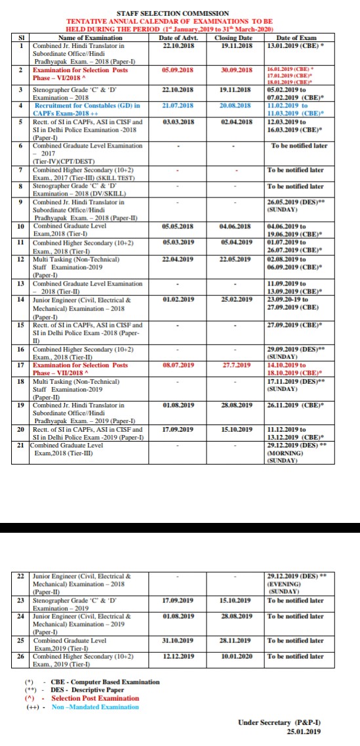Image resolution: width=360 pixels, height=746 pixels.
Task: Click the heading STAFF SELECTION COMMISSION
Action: pyautogui.click(x=172, y=13)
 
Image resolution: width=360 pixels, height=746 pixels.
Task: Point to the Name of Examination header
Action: pyautogui.click(x=86, y=39)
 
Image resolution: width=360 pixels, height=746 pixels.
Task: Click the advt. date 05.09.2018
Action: pyautogui.click(x=177, y=70)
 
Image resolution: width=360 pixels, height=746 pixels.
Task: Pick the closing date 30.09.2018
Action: pyautogui.click(x=233, y=70)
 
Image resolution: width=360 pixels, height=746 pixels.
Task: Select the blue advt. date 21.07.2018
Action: pyautogui.click(x=177, y=105)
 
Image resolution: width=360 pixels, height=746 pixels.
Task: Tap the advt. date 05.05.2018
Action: pyautogui.click(x=177, y=226)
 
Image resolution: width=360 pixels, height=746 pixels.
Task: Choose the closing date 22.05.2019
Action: pyautogui.click(x=233, y=259)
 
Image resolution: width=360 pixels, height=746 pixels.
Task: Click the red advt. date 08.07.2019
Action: pyautogui.click(x=177, y=364)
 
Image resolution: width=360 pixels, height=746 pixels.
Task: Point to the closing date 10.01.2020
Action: pyautogui.click(x=233, y=655)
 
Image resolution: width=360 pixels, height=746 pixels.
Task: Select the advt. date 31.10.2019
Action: pyautogui.click(x=177, y=640)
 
